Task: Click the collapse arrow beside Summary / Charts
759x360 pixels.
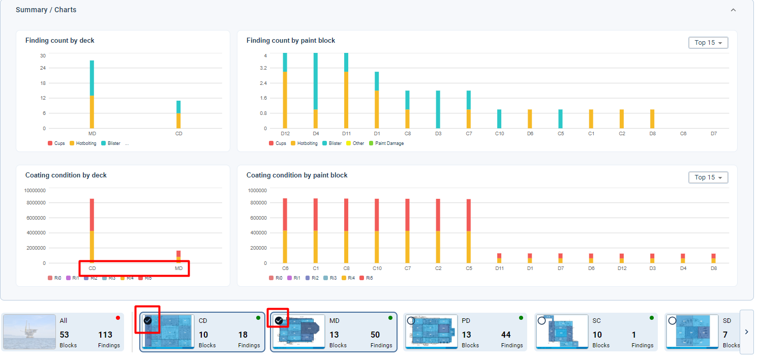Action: (x=733, y=10)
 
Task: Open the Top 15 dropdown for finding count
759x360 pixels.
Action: (x=708, y=43)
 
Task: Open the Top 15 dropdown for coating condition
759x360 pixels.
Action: (x=708, y=177)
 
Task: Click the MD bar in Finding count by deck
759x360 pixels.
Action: (x=92, y=94)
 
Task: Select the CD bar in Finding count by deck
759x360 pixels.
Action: (x=178, y=114)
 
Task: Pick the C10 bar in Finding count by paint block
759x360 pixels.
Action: (x=499, y=118)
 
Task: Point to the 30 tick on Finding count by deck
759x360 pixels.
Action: (x=43, y=56)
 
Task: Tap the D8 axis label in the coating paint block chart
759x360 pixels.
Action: (x=714, y=268)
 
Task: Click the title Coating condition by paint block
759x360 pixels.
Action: (x=297, y=175)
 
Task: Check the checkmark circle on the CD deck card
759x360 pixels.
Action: (x=147, y=320)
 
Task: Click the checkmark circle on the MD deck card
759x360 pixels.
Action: (x=279, y=320)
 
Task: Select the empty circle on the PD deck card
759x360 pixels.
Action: (x=411, y=320)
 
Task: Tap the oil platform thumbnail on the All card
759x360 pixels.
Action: (x=29, y=332)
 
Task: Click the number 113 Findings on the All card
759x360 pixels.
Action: (x=105, y=335)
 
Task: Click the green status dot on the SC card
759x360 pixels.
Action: (x=652, y=318)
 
